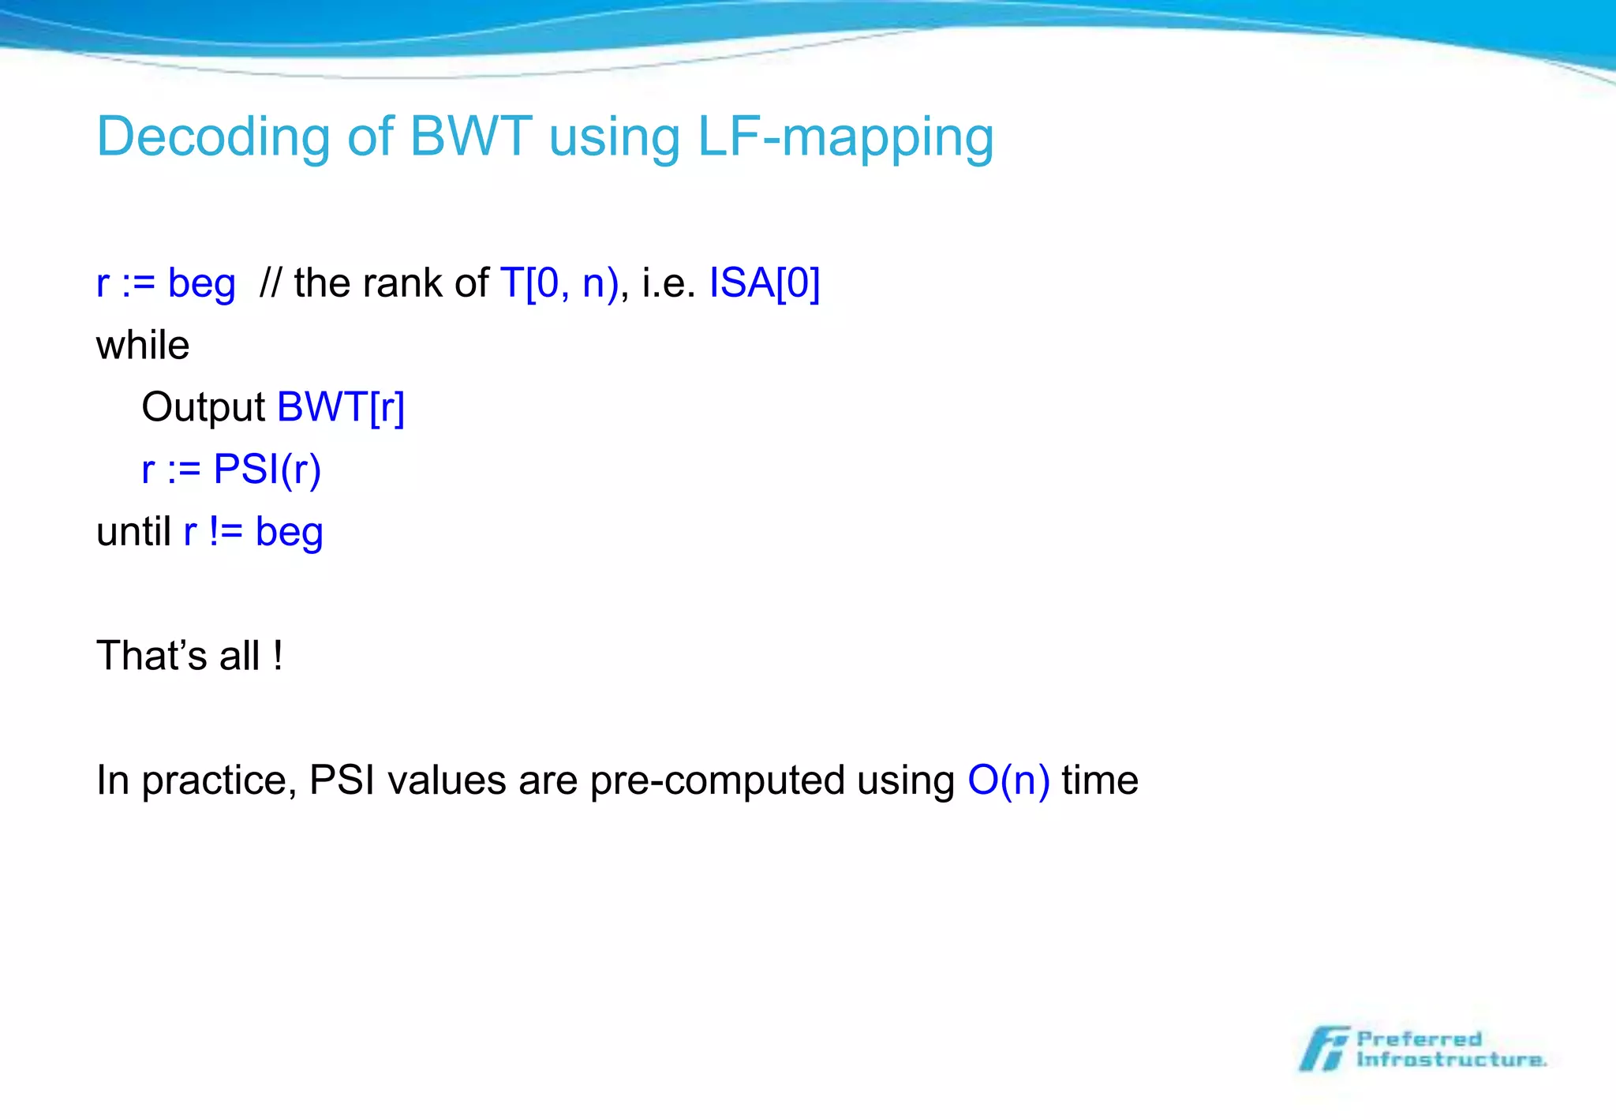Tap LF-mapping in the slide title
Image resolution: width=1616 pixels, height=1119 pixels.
pos(845,138)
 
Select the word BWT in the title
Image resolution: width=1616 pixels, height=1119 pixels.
pos(471,137)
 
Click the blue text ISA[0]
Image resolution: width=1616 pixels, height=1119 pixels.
pos(764,283)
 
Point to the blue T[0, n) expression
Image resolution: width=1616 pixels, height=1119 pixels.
pos(559,283)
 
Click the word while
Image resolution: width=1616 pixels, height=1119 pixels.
pos(143,346)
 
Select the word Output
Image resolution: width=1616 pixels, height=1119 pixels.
pos(203,408)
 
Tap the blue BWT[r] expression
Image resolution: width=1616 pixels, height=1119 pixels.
pos(341,407)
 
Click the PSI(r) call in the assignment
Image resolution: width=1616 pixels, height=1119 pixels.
pos(267,470)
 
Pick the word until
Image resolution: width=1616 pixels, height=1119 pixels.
pos(133,531)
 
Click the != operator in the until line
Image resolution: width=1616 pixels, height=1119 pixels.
pos(226,531)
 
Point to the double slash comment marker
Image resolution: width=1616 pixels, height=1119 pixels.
pos(271,283)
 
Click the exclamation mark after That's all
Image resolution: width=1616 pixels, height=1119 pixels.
pos(278,656)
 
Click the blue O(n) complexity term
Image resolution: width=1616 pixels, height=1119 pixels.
pos(1008,780)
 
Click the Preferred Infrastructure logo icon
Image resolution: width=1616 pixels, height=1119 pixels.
pos(1324,1049)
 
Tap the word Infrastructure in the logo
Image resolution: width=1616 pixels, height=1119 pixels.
pos(1450,1060)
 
